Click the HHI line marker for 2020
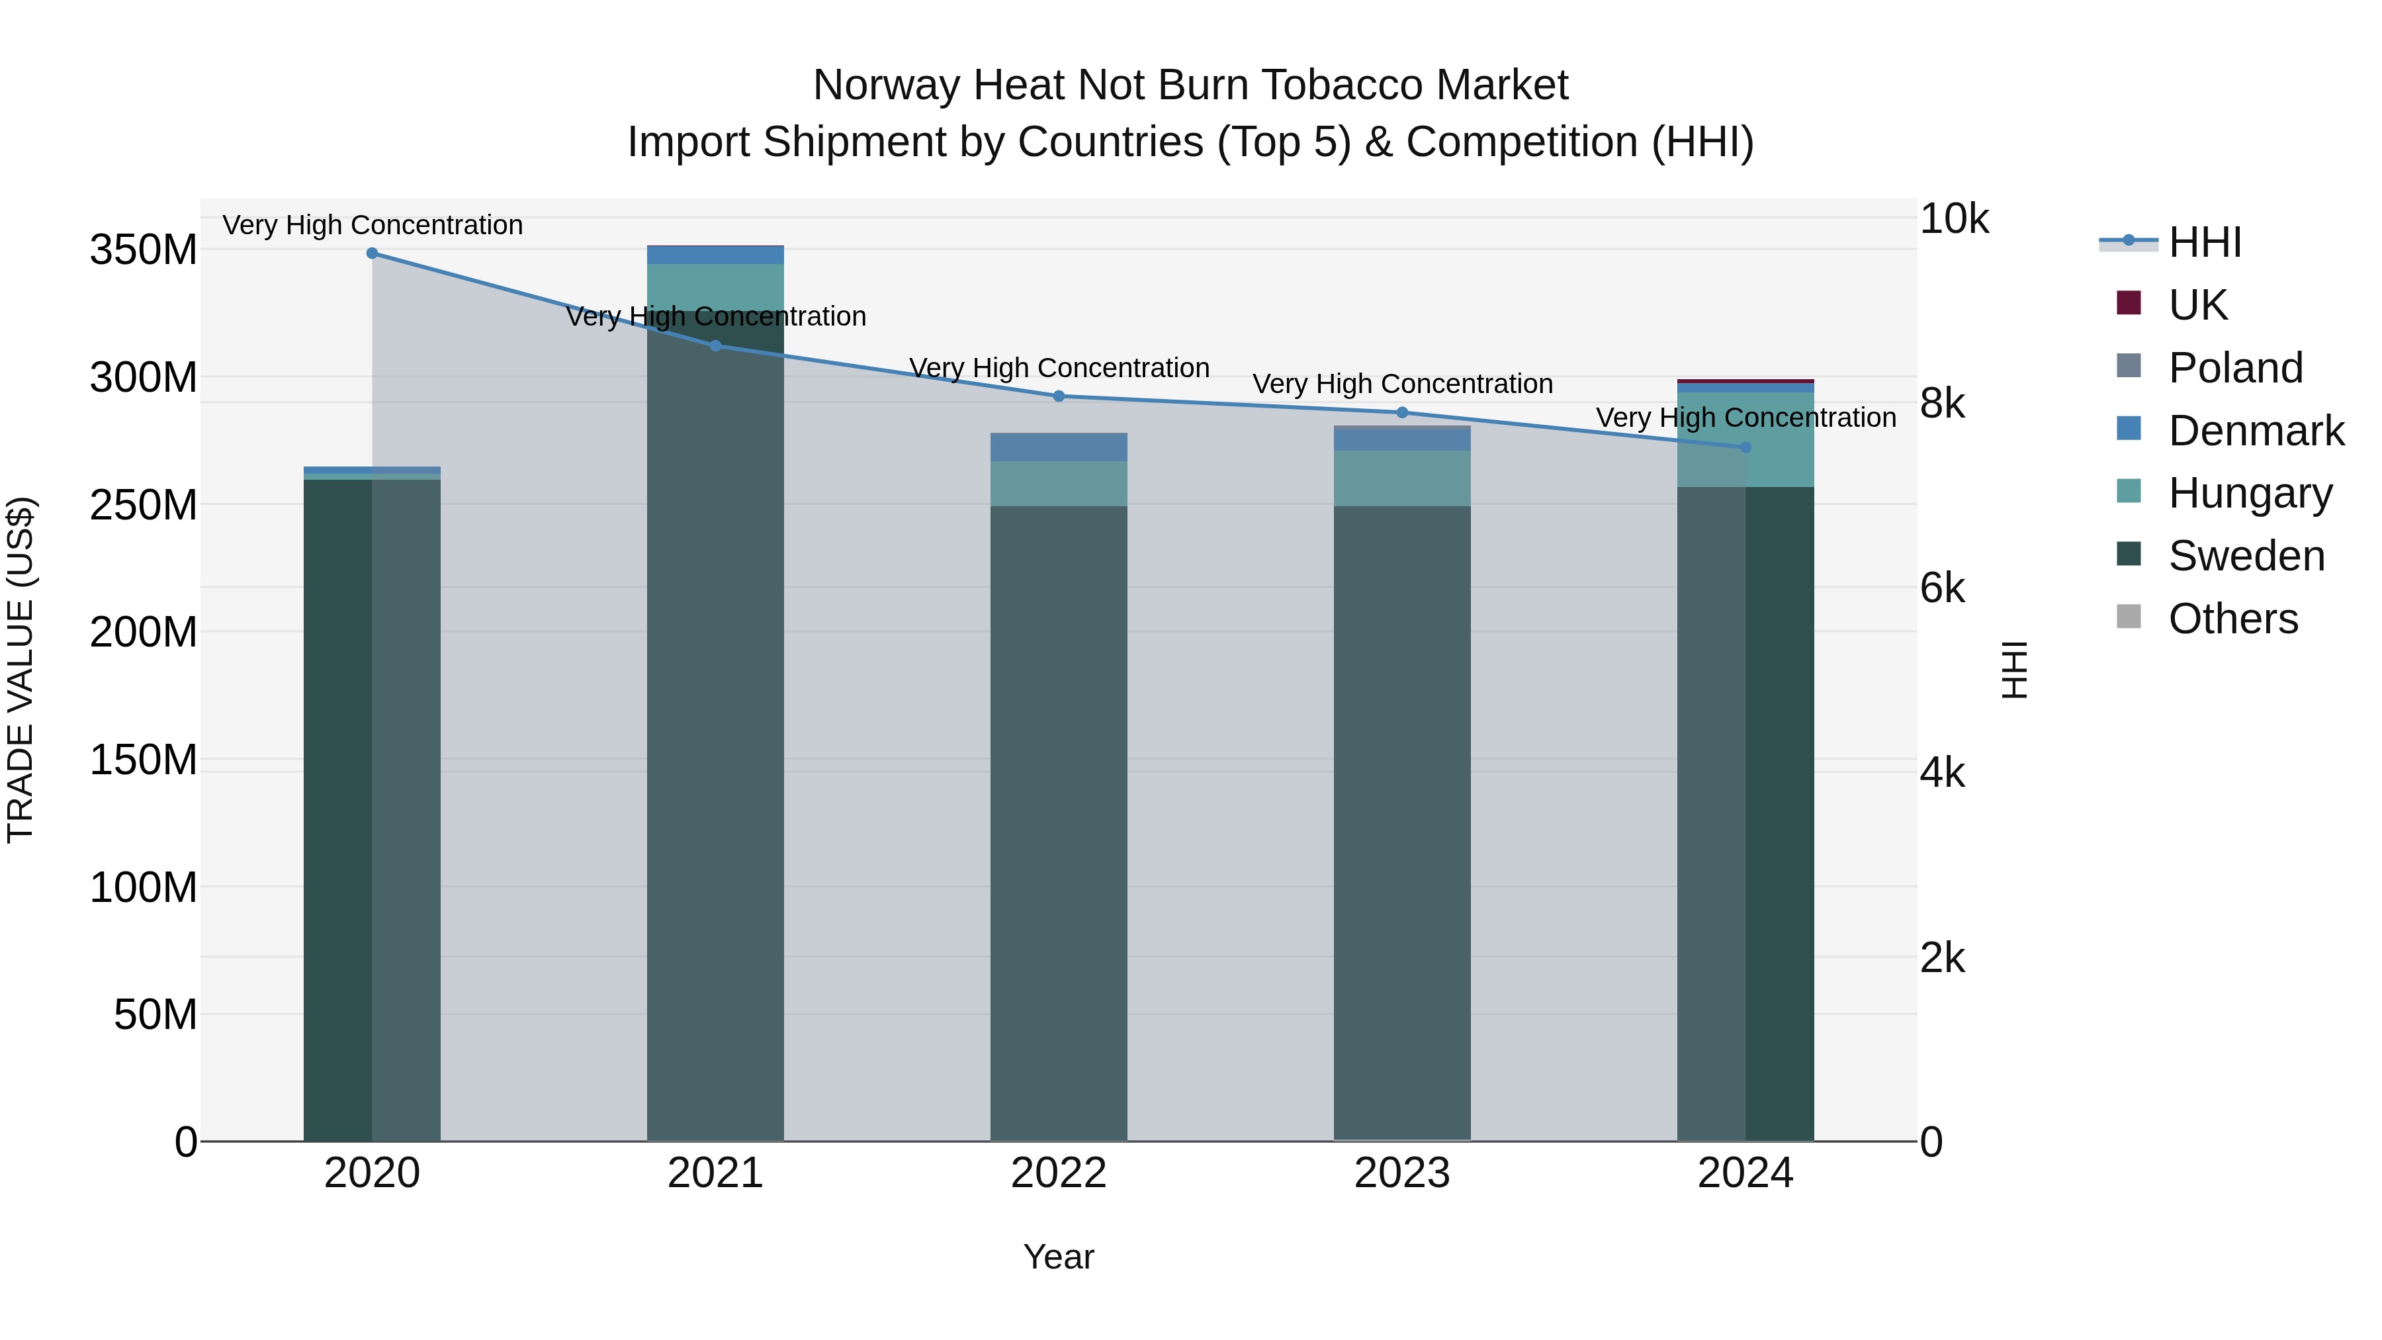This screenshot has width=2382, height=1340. click(x=372, y=253)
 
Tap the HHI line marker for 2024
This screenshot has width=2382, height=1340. click(x=1745, y=447)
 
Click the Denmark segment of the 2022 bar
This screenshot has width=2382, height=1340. click(x=1059, y=447)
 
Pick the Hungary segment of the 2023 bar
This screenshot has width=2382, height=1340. click(x=1402, y=478)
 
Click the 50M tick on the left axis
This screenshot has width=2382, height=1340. click(x=155, y=1014)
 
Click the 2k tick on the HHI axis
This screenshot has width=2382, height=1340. click(x=1942, y=958)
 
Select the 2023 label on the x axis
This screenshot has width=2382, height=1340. click(x=1402, y=1173)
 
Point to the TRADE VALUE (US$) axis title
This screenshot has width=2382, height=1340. click(x=21, y=670)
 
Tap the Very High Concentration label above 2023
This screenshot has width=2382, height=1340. click(x=1402, y=384)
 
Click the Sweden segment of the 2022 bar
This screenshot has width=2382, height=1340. click(x=1059, y=823)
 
